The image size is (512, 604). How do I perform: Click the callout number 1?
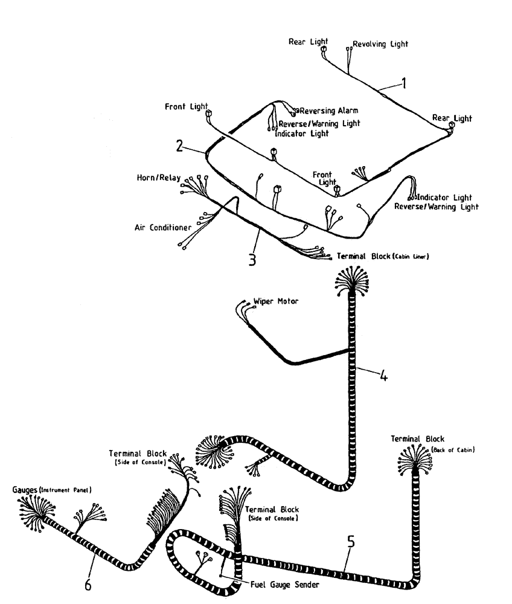pos(404,84)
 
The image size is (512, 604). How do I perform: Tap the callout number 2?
pos(179,145)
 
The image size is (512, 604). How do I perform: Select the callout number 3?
pos(252,259)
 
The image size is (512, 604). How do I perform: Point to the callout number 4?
pos(383,376)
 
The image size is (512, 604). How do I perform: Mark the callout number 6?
pos(88,585)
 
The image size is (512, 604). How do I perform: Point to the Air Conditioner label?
pos(162,228)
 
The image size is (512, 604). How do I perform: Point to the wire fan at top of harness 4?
pos(350,283)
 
